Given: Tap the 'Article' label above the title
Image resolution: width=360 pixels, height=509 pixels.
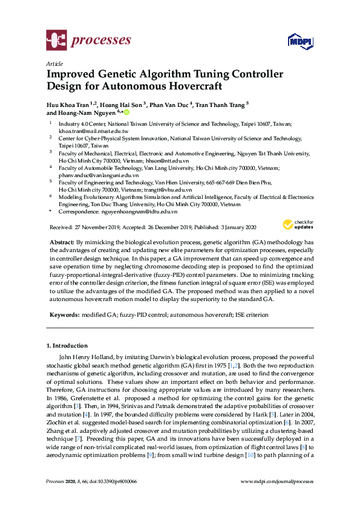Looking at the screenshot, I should coord(54,63).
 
